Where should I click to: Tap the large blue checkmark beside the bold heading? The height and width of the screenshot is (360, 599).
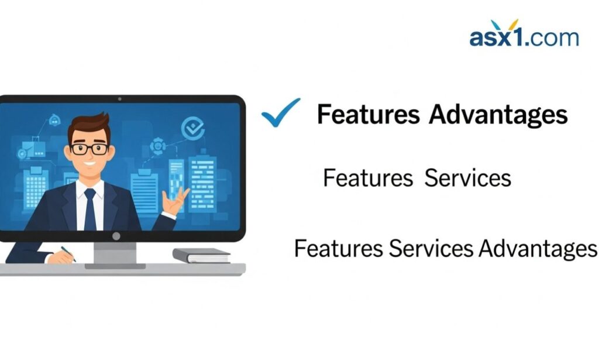click(x=280, y=112)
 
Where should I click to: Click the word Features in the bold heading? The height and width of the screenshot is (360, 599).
click(x=368, y=115)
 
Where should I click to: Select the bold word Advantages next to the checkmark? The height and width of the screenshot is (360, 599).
click(x=498, y=115)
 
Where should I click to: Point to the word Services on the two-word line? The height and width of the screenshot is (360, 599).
click(x=467, y=178)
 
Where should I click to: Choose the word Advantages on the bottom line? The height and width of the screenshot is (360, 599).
click(x=538, y=248)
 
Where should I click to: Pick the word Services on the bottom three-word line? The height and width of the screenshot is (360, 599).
click(x=431, y=248)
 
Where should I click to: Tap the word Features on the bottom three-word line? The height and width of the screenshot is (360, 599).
click(x=339, y=248)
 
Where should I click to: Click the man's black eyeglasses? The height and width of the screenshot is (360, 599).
click(x=89, y=148)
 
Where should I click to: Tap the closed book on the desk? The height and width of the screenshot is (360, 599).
click(x=202, y=255)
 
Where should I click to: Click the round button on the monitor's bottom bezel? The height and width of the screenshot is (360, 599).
click(x=116, y=236)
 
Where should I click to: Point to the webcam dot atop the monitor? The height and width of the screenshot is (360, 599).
click(x=119, y=99)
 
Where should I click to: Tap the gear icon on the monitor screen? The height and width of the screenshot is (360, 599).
click(x=157, y=145)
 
